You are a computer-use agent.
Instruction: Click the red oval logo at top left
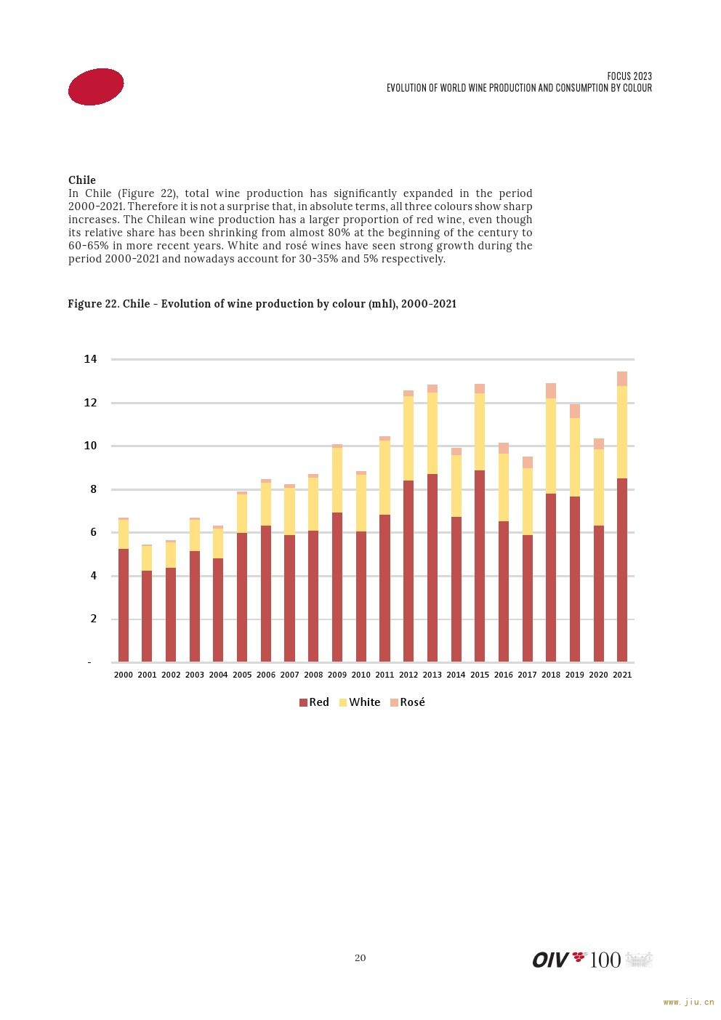click(96, 87)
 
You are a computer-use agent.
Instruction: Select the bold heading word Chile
click(82, 180)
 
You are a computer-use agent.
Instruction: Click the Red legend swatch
click(303, 702)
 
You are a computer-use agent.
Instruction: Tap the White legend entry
click(360, 702)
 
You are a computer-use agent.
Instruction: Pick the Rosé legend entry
click(408, 702)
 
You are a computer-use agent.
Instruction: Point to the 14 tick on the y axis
click(90, 359)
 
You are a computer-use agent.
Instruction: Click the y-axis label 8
click(93, 489)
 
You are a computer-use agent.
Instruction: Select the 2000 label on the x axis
click(124, 675)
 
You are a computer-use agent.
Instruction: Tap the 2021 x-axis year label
click(621, 675)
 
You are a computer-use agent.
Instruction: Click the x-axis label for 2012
click(408, 675)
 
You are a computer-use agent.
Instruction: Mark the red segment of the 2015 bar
click(479, 566)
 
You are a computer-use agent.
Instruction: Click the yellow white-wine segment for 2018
click(551, 446)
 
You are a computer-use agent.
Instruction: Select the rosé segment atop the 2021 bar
click(621, 379)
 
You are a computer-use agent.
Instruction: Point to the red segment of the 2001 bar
click(147, 616)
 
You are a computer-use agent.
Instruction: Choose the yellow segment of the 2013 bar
click(432, 433)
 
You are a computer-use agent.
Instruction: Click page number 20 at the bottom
click(360, 957)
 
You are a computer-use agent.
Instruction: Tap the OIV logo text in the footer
click(550, 960)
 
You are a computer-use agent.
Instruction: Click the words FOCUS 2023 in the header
click(629, 76)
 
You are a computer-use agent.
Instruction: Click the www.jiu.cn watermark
click(689, 1003)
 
